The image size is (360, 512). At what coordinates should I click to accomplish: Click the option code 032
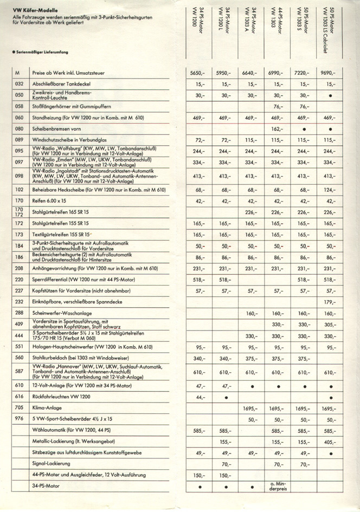20,84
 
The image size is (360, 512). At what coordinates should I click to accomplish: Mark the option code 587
20,372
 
